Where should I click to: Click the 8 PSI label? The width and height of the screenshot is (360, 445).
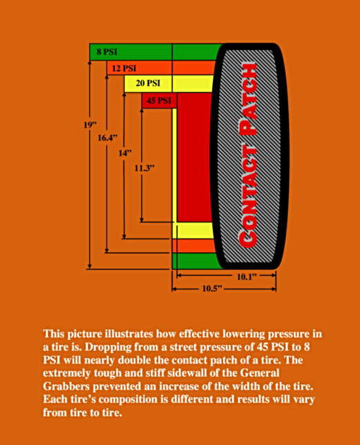106,52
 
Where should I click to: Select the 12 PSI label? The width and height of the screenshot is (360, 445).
124,68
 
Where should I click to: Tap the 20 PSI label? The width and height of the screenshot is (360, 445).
148,83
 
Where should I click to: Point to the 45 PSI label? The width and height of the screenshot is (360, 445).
159,100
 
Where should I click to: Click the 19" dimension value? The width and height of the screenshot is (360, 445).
91,125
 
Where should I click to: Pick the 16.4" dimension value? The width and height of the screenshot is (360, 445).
108,138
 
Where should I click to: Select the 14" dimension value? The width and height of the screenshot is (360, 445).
125,153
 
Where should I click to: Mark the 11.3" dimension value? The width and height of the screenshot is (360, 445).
144,169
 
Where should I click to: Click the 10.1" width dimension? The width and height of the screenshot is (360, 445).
247,276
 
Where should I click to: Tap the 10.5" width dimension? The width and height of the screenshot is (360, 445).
212,289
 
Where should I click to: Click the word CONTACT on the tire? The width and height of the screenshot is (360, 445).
247,196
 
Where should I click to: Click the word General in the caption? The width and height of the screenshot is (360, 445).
260,372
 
